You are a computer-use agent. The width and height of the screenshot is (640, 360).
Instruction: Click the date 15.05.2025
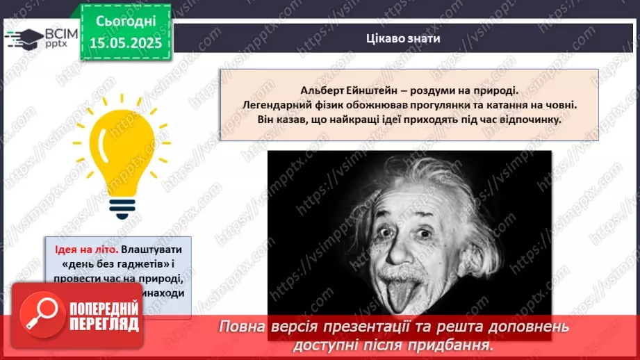(126, 43)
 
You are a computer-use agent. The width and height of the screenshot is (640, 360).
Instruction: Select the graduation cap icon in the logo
(24, 38)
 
